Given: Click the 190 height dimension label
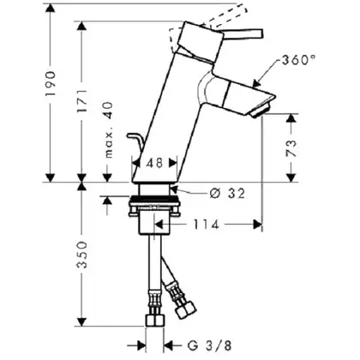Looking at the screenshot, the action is [x=51, y=83].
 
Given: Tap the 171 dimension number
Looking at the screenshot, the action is [x=82, y=101].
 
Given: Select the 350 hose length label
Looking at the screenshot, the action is [x=82, y=255].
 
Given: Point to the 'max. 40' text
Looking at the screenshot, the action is [x=109, y=130].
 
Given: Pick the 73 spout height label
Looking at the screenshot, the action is [x=291, y=147].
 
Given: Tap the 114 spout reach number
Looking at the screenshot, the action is [x=207, y=225].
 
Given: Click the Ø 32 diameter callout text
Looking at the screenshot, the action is [x=227, y=194].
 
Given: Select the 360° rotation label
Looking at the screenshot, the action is [x=298, y=60].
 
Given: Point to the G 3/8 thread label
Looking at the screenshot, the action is [x=209, y=345].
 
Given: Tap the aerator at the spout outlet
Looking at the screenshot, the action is [x=260, y=111].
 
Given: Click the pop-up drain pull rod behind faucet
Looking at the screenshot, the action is [x=135, y=142].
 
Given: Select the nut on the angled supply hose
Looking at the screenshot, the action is [x=186, y=309].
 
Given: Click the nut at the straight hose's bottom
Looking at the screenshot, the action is [x=155, y=321].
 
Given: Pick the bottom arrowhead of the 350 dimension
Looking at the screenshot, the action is [x=82, y=321].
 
